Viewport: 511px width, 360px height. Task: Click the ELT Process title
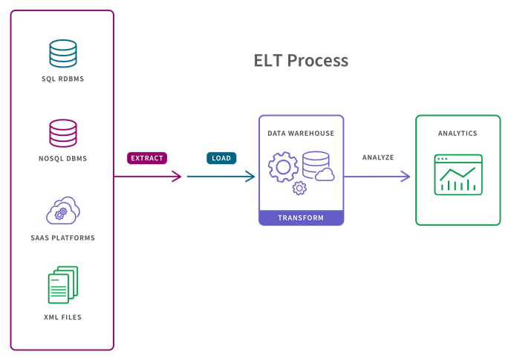pyautogui.click(x=301, y=61)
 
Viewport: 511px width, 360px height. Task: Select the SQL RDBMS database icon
pyautogui.click(x=63, y=53)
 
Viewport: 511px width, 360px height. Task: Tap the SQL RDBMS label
pyautogui.click(x=63, y=78)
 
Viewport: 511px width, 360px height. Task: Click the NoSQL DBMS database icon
pyautogui.click(x=63, y=134)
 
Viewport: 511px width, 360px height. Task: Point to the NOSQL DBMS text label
pyautogui.click(x=63, y=158)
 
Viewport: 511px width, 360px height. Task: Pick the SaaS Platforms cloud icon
pyautogui.click(x=63, y=211)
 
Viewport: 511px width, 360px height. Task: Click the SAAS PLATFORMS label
pyautogui.click(x=63, y=238)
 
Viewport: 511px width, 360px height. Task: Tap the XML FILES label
pyautogui.click(x=63, y=317)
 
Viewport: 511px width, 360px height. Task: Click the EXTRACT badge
pyautogui.click(x=147, y=158)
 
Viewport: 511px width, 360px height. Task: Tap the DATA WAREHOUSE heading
pyautogui.click(x=301, y=134)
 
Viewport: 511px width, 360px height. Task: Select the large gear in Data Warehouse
pyautogui.click(x=283, y=167)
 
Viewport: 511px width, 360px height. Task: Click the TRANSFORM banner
pyautogui.click(x=301, y=217)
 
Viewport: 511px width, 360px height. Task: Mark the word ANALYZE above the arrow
pyautogui.click(x=377, y=158)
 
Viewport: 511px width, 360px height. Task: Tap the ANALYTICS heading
pyautogui.click(x=458, y=134)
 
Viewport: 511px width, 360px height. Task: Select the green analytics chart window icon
pyautogui.click(x=458, y=174)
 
